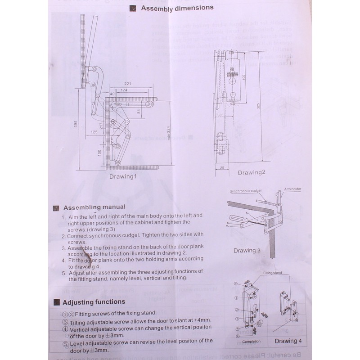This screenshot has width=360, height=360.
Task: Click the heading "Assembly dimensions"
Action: pyautogui.click(x=177, y=8)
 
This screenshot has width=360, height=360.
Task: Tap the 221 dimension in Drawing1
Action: pyautogui.click(x=127, y=84)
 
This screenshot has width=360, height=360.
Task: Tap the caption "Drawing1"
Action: pyautogui.click(x=122, y=176)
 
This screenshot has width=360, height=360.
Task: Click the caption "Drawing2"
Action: pyautogui.click(x=252, y=172)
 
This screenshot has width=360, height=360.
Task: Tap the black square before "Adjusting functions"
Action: pyautogui.click(x=57, y=302)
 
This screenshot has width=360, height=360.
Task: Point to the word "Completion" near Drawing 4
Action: pyautogui.click(x=251, y=342)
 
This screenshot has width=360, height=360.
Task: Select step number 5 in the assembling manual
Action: pyautogui.click(x=64, y=272)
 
